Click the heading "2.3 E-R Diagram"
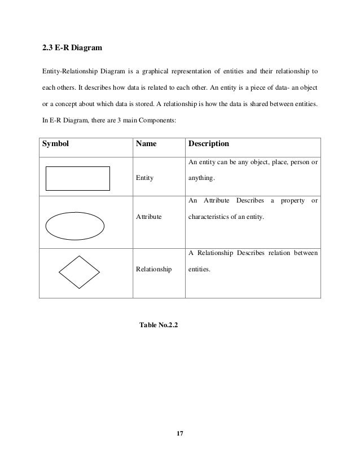[x=73, y=49]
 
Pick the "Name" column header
[x=146, y=144]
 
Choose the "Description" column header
[x=208, y=144]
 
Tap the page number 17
[x=180, y=433]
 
